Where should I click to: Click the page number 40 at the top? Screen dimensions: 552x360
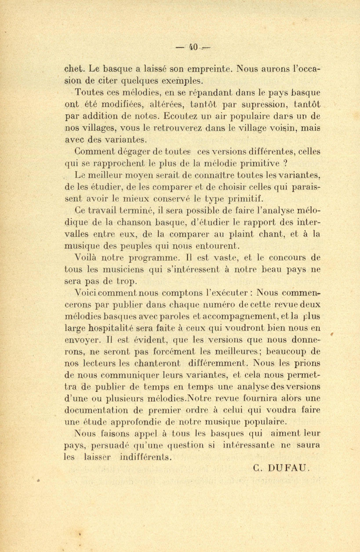193,46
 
